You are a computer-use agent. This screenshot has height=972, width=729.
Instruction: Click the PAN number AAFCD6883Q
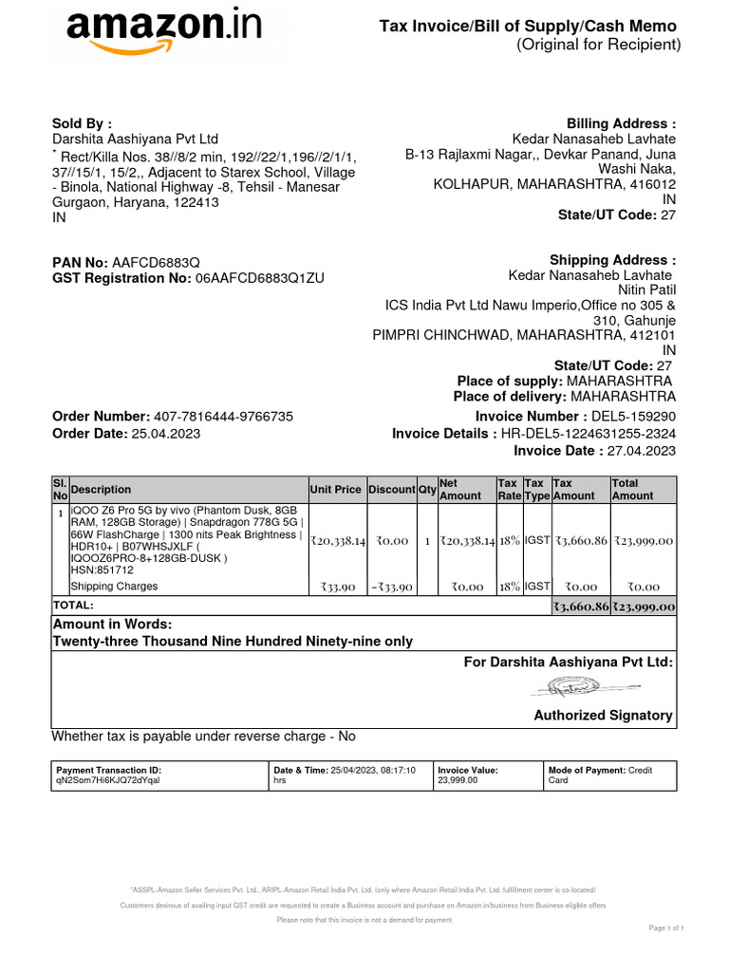click(x=156, y=262)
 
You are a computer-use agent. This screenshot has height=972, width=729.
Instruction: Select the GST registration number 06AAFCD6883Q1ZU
click(x=260, y=278)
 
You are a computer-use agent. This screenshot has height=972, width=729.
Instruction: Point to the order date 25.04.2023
click(x=165, y=434)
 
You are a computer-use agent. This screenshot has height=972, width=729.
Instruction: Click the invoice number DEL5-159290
click(x=633, y=417)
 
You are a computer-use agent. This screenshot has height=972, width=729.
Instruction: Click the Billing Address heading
click(x=621, y=124)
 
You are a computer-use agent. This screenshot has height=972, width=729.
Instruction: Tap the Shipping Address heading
click(x=612, y=260)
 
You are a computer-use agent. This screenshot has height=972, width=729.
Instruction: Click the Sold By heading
click(x=82, y=123)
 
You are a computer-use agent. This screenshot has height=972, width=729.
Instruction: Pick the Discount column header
click(x=391, y=490)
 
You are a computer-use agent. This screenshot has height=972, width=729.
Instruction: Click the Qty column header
click(x=427, y=490)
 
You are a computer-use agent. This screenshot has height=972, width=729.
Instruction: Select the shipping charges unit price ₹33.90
click(x=337, y=588)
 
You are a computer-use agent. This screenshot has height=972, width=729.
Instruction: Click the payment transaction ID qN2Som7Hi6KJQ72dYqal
click(x=108, y=779)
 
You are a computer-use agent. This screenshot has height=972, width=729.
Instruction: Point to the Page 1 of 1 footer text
click(x=666, y=927)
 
